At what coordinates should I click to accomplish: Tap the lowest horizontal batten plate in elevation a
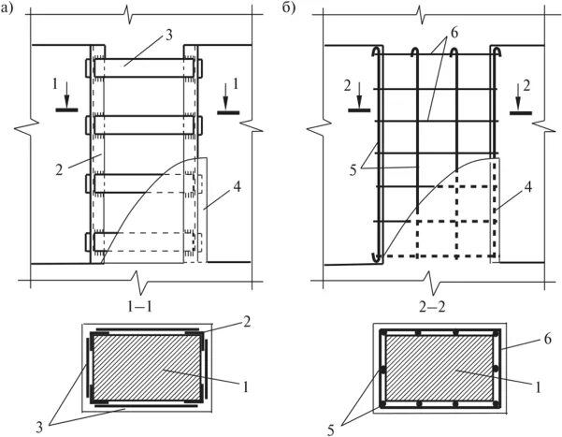145,241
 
